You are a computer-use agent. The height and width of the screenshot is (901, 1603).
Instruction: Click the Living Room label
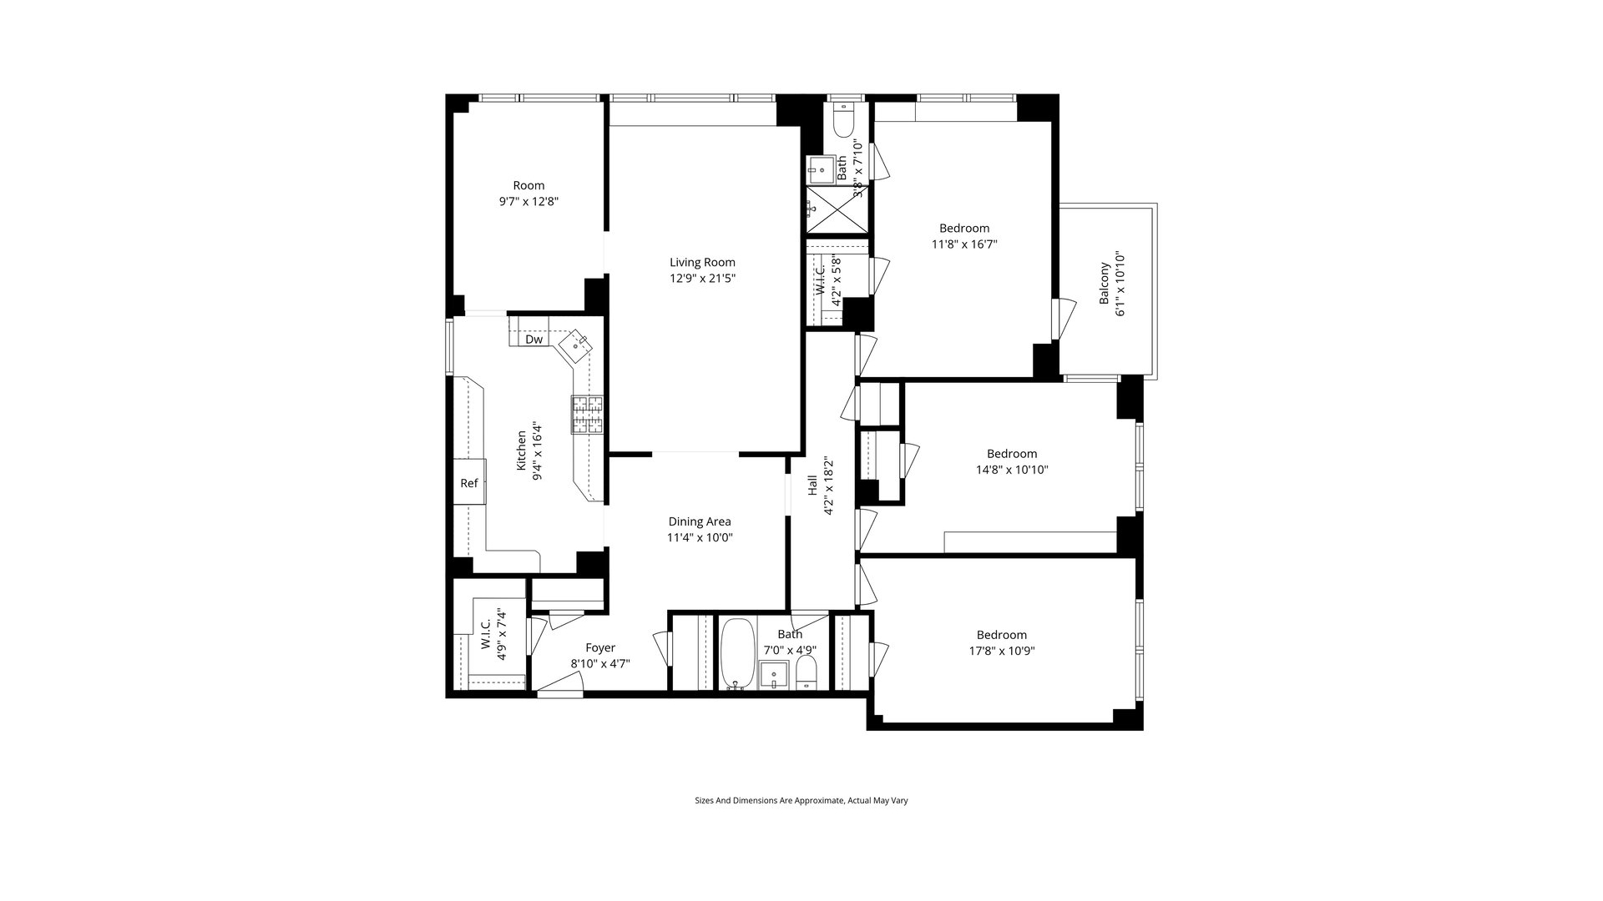point(702,263)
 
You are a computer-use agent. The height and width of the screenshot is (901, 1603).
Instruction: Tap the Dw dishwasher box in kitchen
point(533,340)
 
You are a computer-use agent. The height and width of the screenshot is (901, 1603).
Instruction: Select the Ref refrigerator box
point(469,483)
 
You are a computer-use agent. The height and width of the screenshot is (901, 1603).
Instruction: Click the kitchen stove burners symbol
point(588,415)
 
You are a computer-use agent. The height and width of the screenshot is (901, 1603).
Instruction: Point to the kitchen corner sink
point(576,345)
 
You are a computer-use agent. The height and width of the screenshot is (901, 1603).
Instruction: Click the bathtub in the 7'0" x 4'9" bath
point(736,654)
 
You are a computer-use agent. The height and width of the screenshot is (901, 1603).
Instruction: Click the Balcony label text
point(1105,284)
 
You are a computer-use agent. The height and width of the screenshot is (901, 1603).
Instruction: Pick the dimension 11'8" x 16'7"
point(964,244)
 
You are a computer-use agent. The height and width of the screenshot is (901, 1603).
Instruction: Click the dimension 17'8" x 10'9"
point(1002,651)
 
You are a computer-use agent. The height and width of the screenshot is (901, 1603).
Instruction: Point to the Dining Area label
point(700,521)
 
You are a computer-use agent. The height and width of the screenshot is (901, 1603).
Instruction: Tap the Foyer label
point(600,647)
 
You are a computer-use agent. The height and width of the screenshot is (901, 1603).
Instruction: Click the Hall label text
point(812,486)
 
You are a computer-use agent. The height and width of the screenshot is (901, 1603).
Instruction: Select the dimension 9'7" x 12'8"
point(528,201)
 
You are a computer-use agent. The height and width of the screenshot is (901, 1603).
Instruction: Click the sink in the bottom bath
point(774,672)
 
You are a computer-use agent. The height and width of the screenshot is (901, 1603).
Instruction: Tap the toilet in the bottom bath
point(807,672)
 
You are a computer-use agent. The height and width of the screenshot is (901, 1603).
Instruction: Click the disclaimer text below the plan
point(801,800)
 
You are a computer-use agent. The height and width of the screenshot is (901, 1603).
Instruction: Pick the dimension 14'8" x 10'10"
point(1012,470)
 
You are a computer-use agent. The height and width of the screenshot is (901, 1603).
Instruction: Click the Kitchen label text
point(522,450)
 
